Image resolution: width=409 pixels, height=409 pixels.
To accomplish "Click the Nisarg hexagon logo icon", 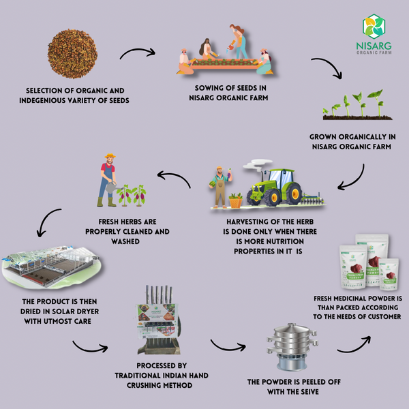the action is click(374, 27).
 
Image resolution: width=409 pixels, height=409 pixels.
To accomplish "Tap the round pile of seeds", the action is click(72, 54).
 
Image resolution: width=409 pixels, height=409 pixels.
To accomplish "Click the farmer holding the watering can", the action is click(108, 180).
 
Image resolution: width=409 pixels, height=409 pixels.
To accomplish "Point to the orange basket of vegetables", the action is click(236, 200).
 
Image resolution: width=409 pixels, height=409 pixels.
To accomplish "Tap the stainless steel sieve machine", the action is click(292, 346).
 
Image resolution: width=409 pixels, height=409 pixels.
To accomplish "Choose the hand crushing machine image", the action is click(159, 320).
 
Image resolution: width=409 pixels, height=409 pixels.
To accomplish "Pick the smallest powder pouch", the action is click(389, 274).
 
